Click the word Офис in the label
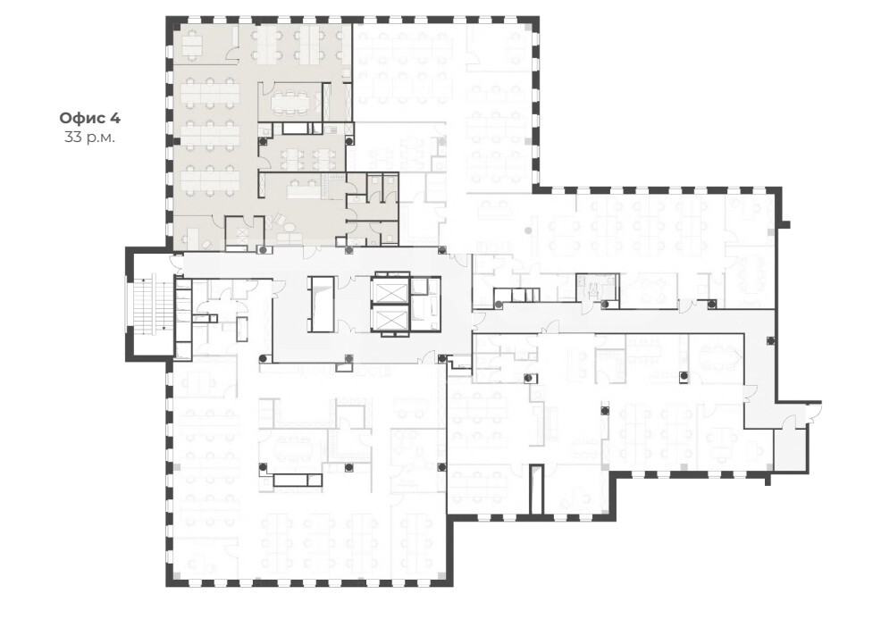pos(82,118)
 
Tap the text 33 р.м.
pos(89,137)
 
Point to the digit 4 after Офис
pos(114,118)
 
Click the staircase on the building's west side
pos(154,304)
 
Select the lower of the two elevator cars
pos(390,321)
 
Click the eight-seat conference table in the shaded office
pos(290,102)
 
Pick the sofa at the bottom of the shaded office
pos(287,240)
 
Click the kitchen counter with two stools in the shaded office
pos(304,189)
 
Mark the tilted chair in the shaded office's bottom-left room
pos(206,245)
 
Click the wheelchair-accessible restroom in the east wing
pos(597,287)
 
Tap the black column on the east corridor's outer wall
pos(769,339)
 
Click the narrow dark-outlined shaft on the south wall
pos(537,489)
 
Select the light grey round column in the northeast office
pos(527,230)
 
